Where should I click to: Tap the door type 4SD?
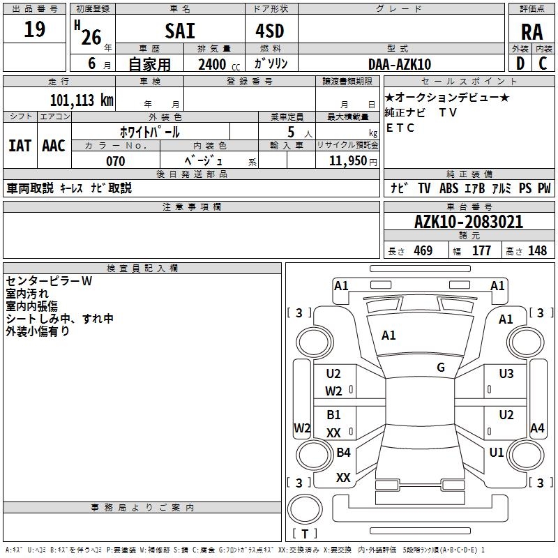(x=271, y=31)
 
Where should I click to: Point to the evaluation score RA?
(x=531, y=32)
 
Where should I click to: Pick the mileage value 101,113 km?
(x=82, y=100)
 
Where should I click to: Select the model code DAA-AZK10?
(x=400, y=64)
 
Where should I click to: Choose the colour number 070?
(x=116, y=161)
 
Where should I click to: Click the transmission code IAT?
(x=20, y=146)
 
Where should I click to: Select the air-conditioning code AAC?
(x=53, y=146)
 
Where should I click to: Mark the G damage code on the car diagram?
(x=441, y=368)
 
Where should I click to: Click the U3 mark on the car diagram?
(x=506, y=374)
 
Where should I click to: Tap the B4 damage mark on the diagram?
(x=343, y=453)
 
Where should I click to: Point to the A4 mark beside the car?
(x=537, y=428)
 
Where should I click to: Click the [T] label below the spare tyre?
(x=304, y=534)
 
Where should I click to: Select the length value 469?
(x=423, y=250)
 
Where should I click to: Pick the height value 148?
(x=537, y=250)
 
